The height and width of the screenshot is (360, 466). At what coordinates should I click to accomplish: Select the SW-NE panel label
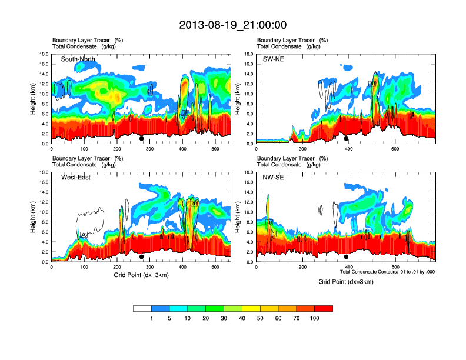pos(273,59)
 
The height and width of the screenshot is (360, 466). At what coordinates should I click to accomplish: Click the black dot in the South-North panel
pos(142,139)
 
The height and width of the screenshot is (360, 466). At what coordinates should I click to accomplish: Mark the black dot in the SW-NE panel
pos(346,139)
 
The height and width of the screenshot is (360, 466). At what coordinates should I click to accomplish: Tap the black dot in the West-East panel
pos(142,257)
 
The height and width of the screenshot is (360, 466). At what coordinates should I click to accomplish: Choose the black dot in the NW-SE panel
pos(346,257)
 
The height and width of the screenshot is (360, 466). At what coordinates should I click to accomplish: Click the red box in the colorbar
pos(324,308)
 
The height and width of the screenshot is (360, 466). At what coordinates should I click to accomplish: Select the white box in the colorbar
pos(142,308)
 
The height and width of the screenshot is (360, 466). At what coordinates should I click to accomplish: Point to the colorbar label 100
pos(315,318)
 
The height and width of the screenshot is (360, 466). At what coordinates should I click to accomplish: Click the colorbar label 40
pos(242,318)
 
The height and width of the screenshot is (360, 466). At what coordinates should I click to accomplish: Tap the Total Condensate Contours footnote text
pos(387,272)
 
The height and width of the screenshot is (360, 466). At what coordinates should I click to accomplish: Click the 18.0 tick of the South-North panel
pos(44,54)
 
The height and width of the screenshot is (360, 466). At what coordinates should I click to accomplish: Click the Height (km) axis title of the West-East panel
pos(34,217)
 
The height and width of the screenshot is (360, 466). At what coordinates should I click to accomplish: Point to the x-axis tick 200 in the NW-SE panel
pos(302,267)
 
